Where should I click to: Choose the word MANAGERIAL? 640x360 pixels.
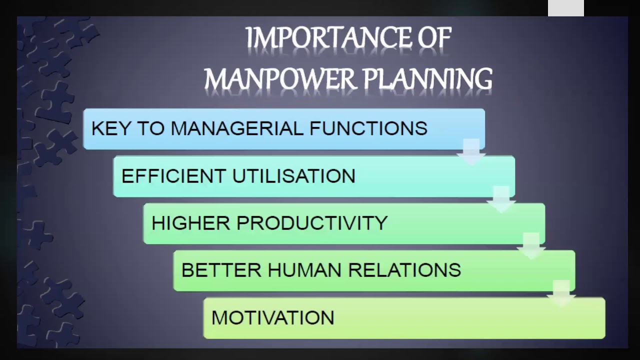coord(236,128)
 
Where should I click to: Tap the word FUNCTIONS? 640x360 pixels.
coord(368,128)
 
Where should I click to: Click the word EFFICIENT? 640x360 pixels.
coord(173,176)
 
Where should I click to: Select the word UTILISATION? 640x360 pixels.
coord(294,176)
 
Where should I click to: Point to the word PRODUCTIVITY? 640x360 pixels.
coord(311,223)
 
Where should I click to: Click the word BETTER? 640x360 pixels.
coord(221,270)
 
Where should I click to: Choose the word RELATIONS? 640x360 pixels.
coord(404,270)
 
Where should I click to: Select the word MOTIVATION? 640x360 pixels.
coord(273,318)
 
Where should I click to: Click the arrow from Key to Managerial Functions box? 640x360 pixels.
coord(471,152)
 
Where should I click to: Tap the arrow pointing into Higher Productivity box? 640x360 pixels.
coord(501,199)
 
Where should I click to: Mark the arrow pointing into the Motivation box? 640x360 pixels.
coord(561,293)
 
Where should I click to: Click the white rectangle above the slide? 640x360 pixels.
coord(565,8)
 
